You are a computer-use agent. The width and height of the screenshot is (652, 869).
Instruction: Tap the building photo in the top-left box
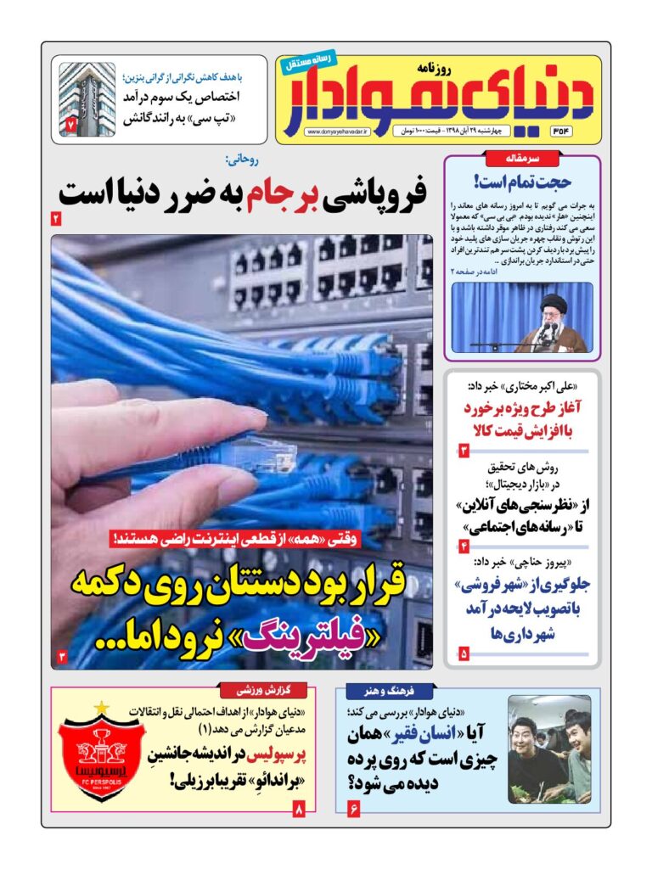point(87,98)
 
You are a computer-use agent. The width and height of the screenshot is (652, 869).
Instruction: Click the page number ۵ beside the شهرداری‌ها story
point(464,653)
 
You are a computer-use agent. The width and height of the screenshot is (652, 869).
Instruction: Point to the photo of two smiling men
point(548,748)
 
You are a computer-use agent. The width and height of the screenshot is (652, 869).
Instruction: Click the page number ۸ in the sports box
point(298,809)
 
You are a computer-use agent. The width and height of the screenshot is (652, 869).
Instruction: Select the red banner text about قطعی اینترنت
point(246,537)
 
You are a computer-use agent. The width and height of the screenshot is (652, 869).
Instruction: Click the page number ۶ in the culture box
point(353,809)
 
